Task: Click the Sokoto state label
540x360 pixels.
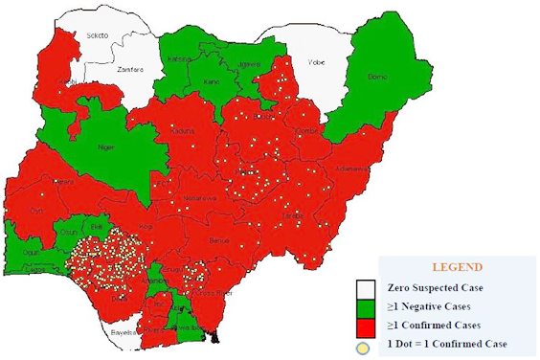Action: (x=99, y=35)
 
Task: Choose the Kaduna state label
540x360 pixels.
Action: (x=185, y=130)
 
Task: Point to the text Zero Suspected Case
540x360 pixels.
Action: (x=434, y=287)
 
